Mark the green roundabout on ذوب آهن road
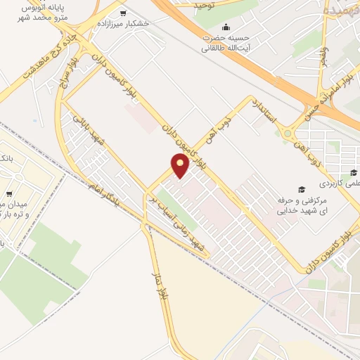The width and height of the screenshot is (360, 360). coord(288,133)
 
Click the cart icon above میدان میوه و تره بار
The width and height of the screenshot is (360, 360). coord(8,193)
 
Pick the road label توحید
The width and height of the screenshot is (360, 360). coord(205,5)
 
